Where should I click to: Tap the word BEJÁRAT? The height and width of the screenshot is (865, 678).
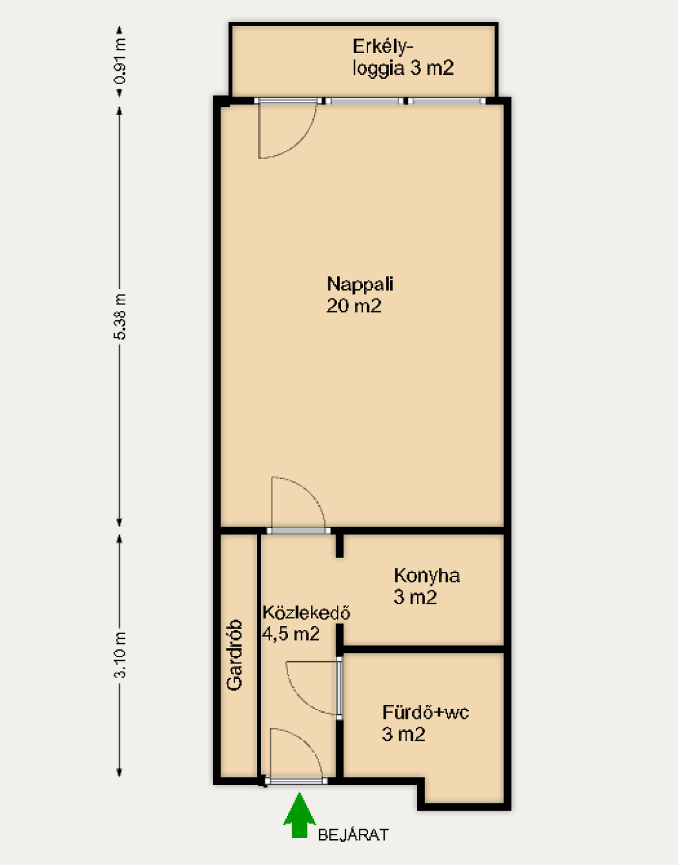pos(353,835)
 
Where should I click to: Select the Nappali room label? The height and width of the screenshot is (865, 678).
pos(360,284)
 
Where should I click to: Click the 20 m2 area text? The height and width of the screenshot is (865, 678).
pos(354,306)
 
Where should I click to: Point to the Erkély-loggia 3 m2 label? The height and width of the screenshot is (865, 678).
pos(403,58)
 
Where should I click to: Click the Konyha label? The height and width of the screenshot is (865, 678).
pos(427,575)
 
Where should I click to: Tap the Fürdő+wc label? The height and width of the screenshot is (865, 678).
pos(426,712)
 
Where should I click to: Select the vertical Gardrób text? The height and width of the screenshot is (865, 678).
pos(234,655)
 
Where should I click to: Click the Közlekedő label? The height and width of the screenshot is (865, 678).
pos(306,613)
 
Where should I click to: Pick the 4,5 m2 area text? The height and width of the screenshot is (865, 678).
pos(291,634)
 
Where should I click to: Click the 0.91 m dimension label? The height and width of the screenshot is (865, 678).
pos(119,61)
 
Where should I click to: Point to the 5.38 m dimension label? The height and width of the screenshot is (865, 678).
pos(119,316)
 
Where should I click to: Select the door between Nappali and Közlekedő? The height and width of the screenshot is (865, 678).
pos(299,531)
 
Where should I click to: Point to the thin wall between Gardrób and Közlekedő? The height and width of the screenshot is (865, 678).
pos(259,656)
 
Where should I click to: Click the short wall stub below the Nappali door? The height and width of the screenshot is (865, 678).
pos(339,545)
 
